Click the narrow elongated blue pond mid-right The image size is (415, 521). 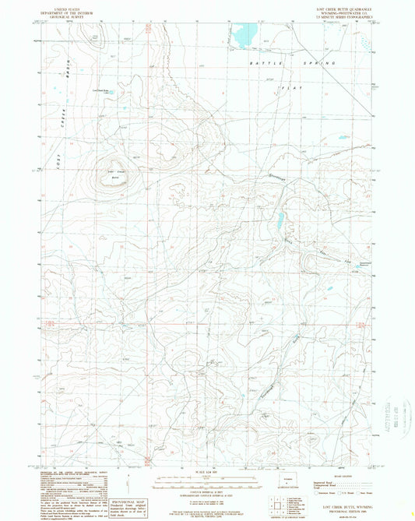pyautogui.click(x=280, y=223)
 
